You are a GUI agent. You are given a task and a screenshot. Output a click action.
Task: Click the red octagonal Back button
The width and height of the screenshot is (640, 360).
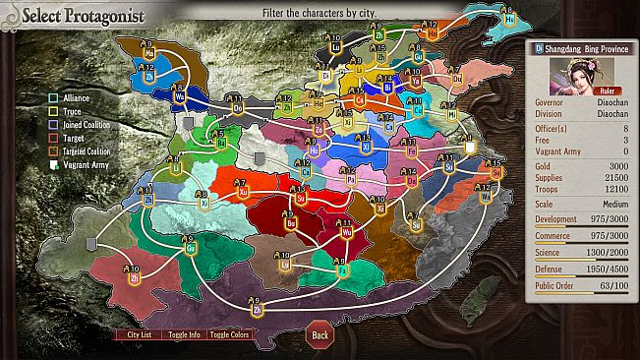tap(320, 334)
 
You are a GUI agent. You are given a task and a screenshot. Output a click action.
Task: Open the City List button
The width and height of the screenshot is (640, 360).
tap(140, 334)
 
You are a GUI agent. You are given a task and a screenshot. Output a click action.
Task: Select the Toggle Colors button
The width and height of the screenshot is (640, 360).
tap(229, 334)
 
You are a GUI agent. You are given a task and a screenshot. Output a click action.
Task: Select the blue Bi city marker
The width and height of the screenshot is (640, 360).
tap(387, 86)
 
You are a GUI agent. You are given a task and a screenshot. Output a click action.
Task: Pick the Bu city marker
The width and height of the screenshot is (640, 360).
tap(262, 220)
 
